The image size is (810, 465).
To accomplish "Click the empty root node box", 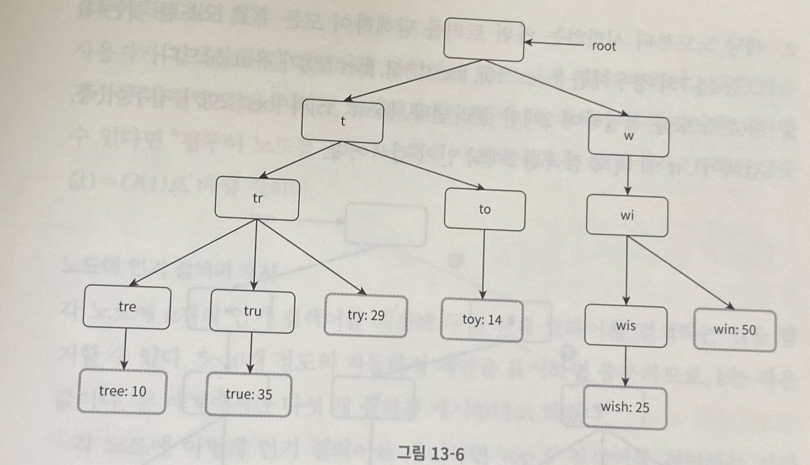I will click(x=484, y=40).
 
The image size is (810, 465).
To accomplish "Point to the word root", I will click(x=603, y=46).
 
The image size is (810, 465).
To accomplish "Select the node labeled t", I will click(x=342, y=121).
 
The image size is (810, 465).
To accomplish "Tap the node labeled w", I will click(x=628, y=136).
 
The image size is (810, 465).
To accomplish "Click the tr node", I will click(x=257, y=199).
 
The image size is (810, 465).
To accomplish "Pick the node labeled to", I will click(x=485, y=209).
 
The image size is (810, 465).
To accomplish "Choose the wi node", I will click(x=627, y=216).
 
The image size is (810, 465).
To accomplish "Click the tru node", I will click(x=252, y=311).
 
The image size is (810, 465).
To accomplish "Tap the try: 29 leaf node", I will click(x=366, y=316).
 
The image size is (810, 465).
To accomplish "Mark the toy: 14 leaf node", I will click(x=481, y=320).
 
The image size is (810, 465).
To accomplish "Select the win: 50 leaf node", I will click(x=735, y=330).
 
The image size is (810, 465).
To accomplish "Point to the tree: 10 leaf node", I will click(x=122, y=392).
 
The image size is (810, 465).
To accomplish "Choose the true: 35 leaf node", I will click(x=248, y=395).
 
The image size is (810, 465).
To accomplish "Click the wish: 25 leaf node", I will click(x=625, y=408).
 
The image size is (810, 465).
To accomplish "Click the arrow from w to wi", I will click(x=628, y=175).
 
